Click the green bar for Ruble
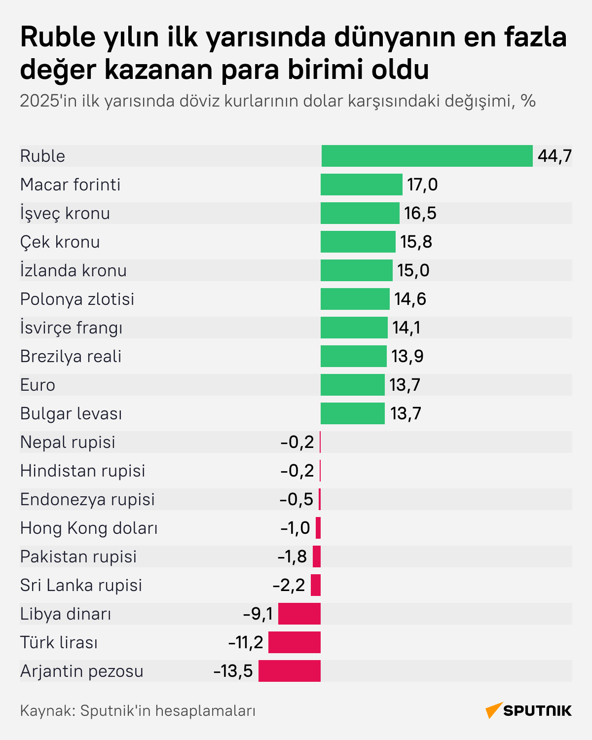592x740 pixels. click(x=427, y=156)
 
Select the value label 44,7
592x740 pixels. click(x=555, y=156)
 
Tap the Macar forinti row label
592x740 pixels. click(x=70, y=185)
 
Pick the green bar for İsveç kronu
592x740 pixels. click(x=360, y=213)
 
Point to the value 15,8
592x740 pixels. click(x=416, y=242)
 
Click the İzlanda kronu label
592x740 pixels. click(x=73, y=270)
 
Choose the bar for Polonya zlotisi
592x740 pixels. click(x=355, y=299)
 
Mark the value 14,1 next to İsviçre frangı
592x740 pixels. click(x=406, y=328)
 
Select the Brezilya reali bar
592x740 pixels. click(x=353, y=356)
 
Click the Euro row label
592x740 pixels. click(x=37, y=385)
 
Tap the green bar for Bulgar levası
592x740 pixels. click(x=352, y=413)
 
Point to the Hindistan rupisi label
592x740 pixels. click(x=82, y=471)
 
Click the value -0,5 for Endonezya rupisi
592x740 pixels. click(x=296, y=499)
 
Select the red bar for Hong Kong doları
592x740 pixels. click(x=318, y=528)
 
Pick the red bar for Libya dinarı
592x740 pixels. click(x=299, y=614)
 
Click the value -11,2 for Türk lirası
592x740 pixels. click(x=246, y=642)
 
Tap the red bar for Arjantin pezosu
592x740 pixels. click(x=289, y=671)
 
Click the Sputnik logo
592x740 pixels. click(x=528, y=710)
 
